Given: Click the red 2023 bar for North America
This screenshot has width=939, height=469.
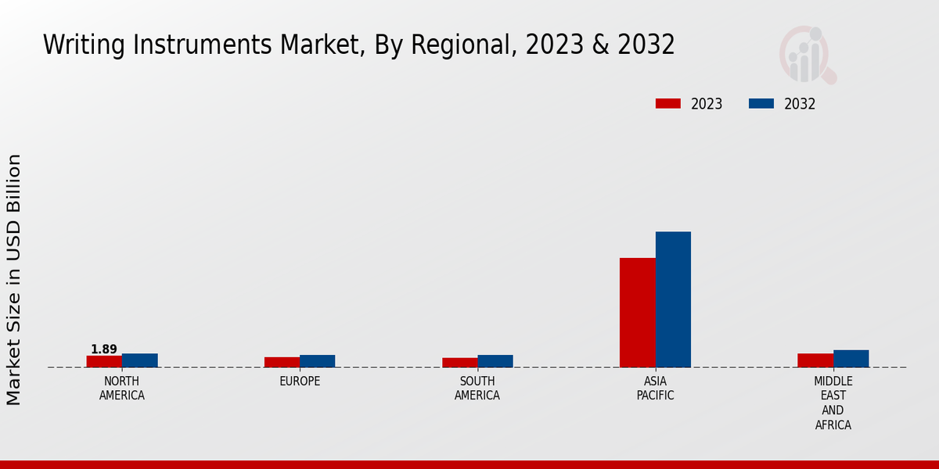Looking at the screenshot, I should point(104,361).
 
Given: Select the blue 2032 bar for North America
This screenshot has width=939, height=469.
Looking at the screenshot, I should point(140,360).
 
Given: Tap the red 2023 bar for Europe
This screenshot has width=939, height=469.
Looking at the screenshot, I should point(282,362).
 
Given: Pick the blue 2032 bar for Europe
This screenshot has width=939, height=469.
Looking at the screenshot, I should point(318,361).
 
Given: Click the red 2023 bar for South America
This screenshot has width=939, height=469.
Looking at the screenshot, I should point(459,363).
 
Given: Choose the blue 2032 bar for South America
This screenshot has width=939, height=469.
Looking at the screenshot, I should point(495,361).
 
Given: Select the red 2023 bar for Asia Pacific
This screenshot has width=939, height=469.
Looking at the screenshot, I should point(638,313).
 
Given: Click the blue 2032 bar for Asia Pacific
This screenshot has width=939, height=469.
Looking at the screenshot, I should point(673,299).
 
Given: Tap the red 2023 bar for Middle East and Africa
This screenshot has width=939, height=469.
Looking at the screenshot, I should point(815,360).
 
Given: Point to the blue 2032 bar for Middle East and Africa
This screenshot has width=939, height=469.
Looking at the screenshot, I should point(851,359).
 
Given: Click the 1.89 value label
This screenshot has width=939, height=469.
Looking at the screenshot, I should point(104,349).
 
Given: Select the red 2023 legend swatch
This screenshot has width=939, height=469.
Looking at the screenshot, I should point(668,104).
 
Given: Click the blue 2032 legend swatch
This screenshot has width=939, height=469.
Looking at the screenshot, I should point(761,104).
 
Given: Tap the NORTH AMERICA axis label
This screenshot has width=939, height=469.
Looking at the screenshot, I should point(122,388).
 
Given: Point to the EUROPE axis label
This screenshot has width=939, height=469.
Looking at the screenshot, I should point(300,381).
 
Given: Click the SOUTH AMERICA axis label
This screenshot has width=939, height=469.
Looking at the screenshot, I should point(477,388).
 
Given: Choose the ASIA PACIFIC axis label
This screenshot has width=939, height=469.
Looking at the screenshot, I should point(656,388).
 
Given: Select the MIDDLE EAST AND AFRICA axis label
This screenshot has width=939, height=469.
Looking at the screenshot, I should point(833,403).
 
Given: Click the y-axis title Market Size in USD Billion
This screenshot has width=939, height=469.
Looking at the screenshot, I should point(14,280).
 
